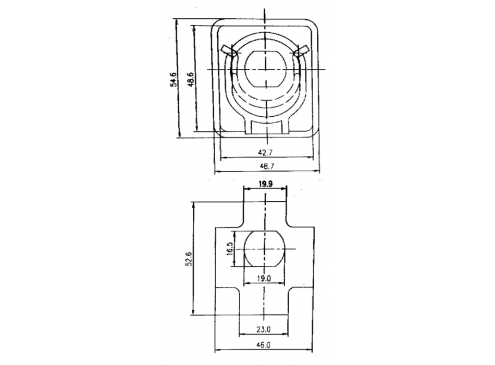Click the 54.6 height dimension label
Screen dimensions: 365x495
174,80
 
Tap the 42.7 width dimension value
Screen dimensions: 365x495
266,152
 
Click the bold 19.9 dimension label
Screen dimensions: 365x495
266,183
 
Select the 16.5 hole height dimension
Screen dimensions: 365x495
229,249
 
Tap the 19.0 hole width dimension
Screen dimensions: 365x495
265,278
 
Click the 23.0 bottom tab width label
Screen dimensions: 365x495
265,329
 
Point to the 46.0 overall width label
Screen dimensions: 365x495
265,345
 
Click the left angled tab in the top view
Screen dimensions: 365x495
228,50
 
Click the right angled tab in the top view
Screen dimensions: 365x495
302,50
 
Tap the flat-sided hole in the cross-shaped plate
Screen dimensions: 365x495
265,249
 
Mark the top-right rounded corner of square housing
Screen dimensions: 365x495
314,27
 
